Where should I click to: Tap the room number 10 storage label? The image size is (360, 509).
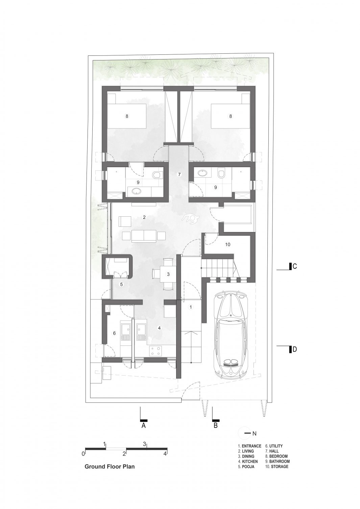point(227,244)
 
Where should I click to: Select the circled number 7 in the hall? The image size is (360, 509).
point(179,174)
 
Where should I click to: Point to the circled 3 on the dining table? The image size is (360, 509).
point(168,274)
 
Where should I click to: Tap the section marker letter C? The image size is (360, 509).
point(294,266)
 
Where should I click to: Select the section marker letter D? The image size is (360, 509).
point(294,349)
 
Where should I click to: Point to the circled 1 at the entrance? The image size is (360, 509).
point(191,307)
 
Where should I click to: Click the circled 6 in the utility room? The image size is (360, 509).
point(114,333)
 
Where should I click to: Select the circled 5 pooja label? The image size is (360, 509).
point(121,284)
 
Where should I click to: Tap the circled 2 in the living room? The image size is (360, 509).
point(144,217)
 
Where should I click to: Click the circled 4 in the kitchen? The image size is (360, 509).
point(159,328)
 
